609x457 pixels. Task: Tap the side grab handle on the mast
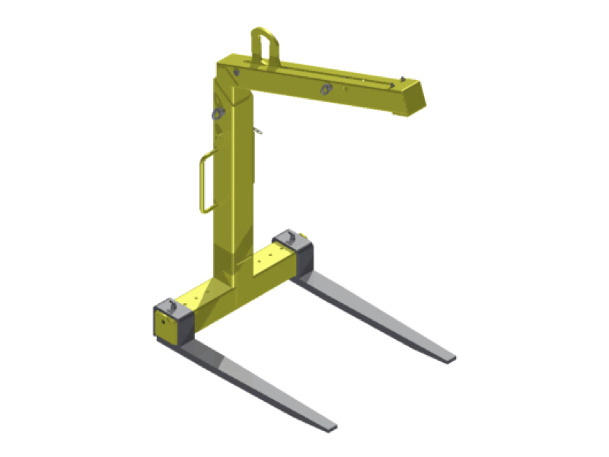click(x=202, y=183)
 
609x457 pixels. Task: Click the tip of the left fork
click(x=328, y=425)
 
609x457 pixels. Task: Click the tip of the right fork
click(x=449, y=356)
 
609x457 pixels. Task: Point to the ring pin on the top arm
click(x=326, y=88)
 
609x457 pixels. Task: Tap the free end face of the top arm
click(x=413, y=99)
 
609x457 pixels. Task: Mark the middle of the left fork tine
click(x=259, y=385)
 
